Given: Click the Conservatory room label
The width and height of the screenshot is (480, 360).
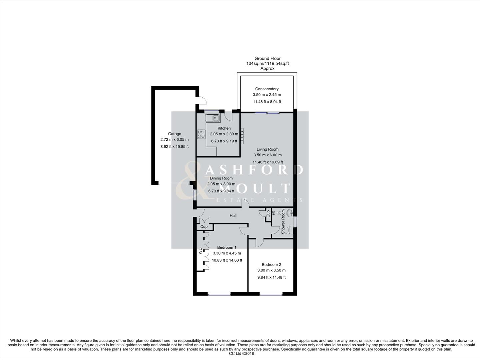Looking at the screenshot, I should pos(266,89).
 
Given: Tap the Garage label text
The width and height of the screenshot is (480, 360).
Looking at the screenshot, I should pos(174,134).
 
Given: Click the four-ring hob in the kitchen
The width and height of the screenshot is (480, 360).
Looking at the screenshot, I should pos(201,134).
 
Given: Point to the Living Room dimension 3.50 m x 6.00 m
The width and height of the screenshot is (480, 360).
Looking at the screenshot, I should pos(267,155).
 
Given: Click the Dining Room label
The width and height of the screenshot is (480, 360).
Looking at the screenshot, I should pos(221,178).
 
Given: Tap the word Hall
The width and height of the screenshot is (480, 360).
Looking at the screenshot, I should pos(233,216).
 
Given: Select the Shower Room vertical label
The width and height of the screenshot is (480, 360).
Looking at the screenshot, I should pos(283,222).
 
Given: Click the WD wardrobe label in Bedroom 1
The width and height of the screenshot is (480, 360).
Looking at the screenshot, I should pos(200,251).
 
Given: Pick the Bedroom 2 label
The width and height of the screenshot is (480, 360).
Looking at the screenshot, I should pos(271,265).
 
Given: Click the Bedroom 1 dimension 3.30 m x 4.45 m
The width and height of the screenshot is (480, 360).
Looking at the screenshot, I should pos(227,253).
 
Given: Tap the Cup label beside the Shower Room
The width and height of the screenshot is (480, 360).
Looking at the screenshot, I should pos(268,213).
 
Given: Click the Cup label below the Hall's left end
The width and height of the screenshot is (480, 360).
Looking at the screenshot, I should pos(204,227).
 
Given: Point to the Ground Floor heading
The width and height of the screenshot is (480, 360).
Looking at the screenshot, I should pos(267,58).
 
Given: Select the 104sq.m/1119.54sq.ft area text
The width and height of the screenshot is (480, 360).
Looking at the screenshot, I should pos(267,63).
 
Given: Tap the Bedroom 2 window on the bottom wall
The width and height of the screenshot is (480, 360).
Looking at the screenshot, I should pos(271,294).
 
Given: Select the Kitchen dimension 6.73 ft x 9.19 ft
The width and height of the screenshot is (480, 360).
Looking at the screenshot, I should pos(224,141).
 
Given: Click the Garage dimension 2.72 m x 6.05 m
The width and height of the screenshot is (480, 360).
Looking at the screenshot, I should pos(174,140).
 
